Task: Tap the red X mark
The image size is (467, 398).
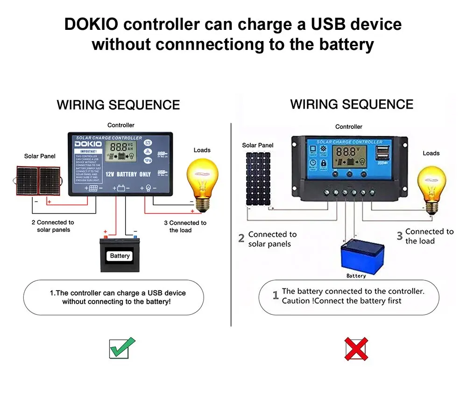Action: (356, 349)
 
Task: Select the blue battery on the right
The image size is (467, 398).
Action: (362, 256)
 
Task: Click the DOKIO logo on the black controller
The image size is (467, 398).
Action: (88, 144)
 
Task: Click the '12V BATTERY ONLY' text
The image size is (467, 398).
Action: (127, 174)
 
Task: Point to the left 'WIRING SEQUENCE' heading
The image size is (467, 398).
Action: (118, 105)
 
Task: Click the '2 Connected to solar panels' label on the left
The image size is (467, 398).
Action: (53, 226)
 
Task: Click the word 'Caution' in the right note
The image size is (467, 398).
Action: (297, 301)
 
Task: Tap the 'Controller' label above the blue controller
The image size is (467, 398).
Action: (348, 126)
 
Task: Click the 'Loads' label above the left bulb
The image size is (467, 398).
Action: (202, 150)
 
